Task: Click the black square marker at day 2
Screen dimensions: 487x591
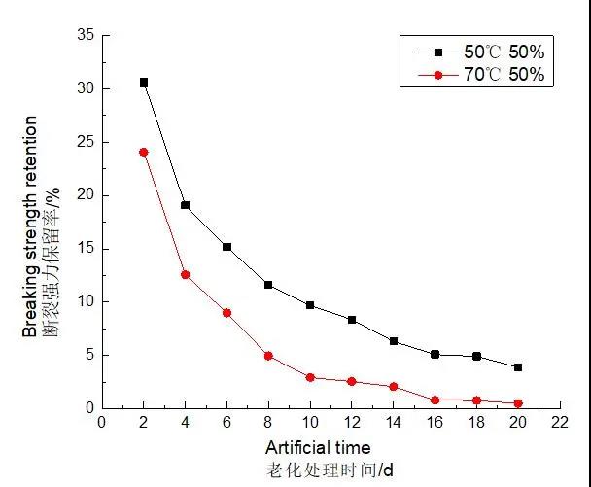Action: (x=144, y=83)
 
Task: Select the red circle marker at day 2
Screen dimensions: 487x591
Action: (x=144, y=152)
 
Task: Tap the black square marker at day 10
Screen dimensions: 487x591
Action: (x=310, y=305)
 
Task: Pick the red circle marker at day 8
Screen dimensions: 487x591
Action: (x=268, y=356)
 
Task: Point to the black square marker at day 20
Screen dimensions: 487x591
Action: (x=518, y=367)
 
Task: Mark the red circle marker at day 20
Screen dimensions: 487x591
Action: (x=518, y=403)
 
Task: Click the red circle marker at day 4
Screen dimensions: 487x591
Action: (x=185, y=274)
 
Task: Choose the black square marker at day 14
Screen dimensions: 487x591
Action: (x=394, y=341)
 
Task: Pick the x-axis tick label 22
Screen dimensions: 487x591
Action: (x=559, y=424)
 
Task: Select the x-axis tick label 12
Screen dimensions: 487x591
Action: (x=351, y=424)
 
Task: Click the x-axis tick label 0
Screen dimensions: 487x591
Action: (x=102, y=424)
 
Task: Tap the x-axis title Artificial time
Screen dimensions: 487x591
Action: (x=317, y=448)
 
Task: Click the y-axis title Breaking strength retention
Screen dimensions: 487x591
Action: (x=31, y=226)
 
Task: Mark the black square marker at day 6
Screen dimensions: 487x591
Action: (x=226, y=247)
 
